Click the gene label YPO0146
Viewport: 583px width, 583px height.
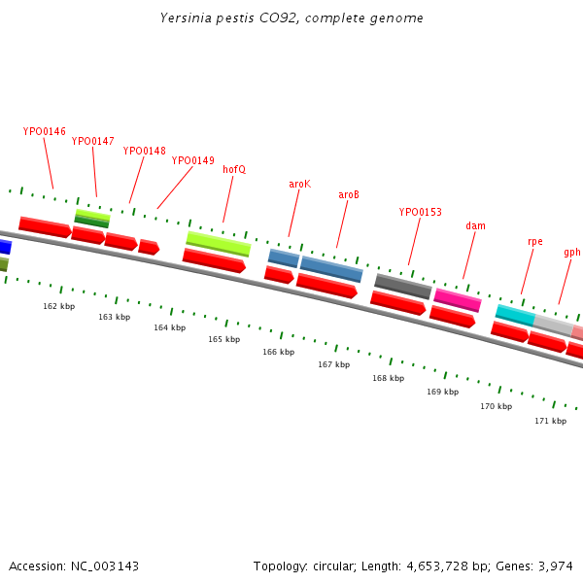[x=45, y=131]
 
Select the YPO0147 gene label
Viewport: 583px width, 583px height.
[x=92, y=141]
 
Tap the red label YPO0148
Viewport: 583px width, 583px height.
[x=144, y=151]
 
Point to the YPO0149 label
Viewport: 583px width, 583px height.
[x=192, y=160]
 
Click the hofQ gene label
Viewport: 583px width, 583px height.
[x=234, y=169]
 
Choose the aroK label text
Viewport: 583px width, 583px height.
[x=299, y=184]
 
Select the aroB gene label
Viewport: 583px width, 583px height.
[x=349, y=194]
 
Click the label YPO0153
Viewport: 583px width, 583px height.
[x=420, y=212]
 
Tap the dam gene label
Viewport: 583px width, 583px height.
[x=475, y=225]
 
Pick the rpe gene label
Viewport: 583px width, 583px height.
[x=534, y=241]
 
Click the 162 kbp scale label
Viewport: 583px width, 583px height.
[x=58, y=306]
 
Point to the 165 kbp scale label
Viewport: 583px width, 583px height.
[x=223, y=339]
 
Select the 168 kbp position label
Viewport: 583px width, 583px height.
[x=388, y=378]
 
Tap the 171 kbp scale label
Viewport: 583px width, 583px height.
[x=550, y=421]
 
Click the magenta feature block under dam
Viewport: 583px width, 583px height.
[x=458, y=299]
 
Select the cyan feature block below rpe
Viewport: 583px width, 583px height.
[x=514, y=315]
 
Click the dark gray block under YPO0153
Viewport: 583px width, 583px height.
[x=402, y=286]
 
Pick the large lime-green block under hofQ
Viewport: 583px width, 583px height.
[x=218, y=242]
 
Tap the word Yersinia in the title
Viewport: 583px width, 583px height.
[x=185, y=17]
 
